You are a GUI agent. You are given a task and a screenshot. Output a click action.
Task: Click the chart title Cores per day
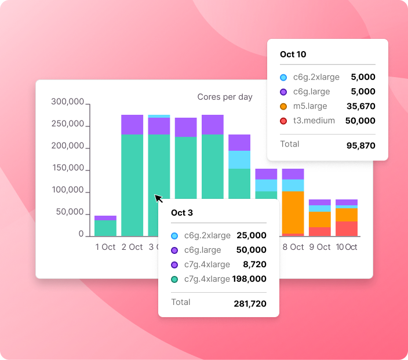pyautogui.click(x=225, y=97)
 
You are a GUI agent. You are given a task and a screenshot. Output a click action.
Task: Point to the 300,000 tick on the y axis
pyautogui.click(x=68, y=102)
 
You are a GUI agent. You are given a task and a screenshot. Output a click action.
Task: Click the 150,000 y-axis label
pyautogui.click(x=68, y=169)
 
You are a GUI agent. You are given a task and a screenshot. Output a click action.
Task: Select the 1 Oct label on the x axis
pyautogui.click(x=105, y=247)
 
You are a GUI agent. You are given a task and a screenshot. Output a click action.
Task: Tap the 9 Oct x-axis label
pyautogui.click(x=320, y=247)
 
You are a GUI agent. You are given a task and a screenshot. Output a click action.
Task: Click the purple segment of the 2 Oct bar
pyautogui.click(x=132, y=124)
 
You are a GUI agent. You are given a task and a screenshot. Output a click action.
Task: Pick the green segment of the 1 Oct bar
pyautogui.click(x=105, y=228)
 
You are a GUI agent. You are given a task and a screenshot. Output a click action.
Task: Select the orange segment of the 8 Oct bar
pyautogui.click(x=293, y=212)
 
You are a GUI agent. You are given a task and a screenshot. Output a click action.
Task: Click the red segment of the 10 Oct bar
pyautogui.click(x=347, y=228)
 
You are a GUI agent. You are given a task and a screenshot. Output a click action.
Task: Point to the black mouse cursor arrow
pyautogui.click(x=158, y=198)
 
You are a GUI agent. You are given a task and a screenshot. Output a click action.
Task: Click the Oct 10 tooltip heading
pyautogui.click(x=293, y=54)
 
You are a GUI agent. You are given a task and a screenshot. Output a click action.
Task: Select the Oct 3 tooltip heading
pyautogui.click(x=182, y=213)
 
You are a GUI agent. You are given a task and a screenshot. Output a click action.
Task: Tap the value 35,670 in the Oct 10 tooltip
pyautogui.click(x=360, y=106)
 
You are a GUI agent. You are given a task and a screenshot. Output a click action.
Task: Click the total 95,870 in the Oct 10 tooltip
pyautogui.click(x=360, y=146)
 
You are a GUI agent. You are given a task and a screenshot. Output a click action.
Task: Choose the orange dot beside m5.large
pyautogui.click(x=283, y=106)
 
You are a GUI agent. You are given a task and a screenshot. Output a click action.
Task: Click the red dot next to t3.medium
pyautogui.click(x=283, y=121)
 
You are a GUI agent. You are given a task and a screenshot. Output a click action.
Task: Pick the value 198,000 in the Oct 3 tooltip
pyautogui.click(x=249, y=279)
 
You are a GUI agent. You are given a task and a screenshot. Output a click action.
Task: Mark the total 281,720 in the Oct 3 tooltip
pyautogui.click(x=250, y=303)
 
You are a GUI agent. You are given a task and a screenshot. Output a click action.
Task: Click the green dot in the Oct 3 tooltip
pyautogui.click(x=174, y=279)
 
